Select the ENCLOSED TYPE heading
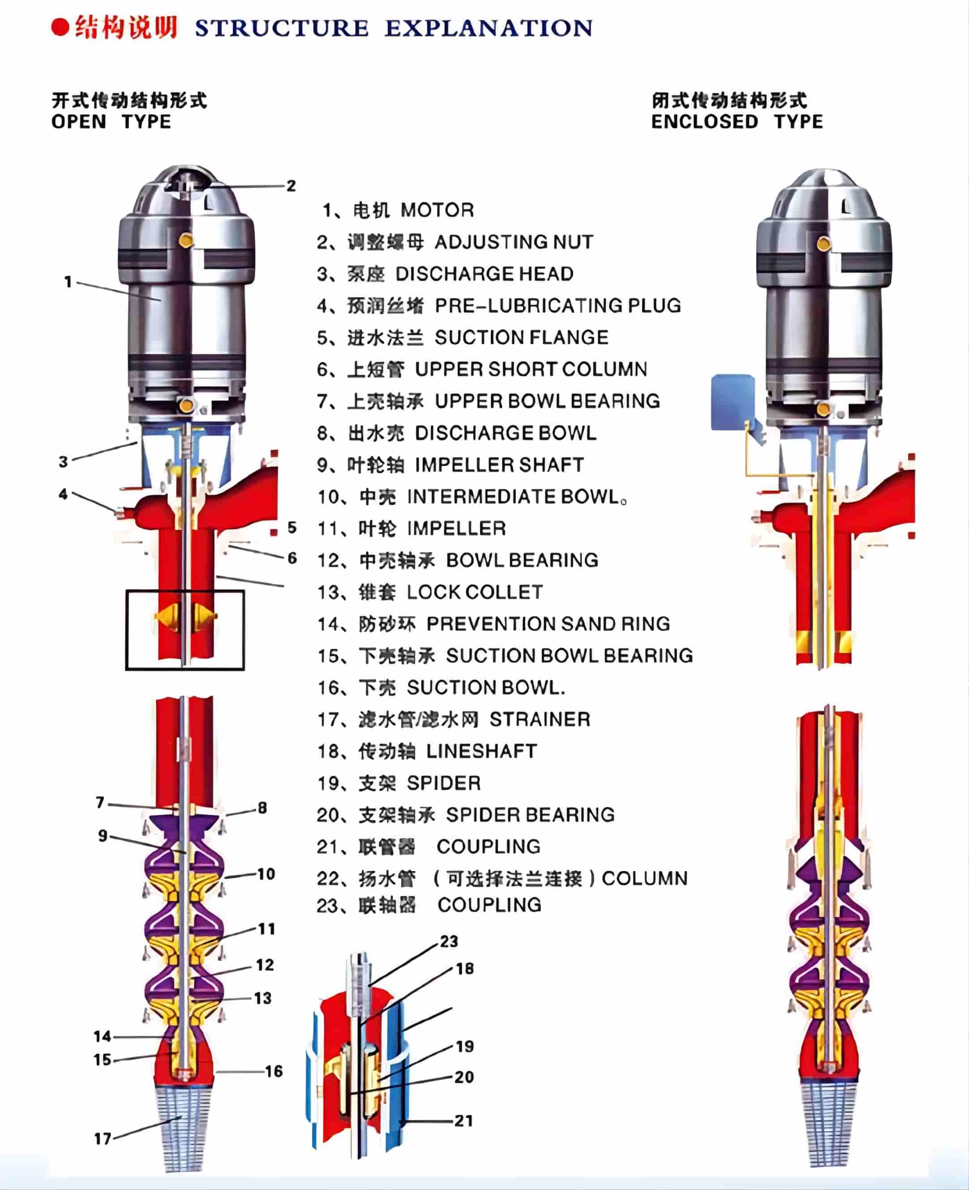[x=737, y=122]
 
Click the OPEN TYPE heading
[x=111, y=122]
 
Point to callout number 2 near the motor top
[x=291, y=186]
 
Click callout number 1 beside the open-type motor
[x=68, y=281]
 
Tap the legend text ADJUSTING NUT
[x=514, y=242]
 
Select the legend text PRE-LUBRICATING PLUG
[x=557, y=306]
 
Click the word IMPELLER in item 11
[x=457, y=528]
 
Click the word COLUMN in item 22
[x=645, y=879]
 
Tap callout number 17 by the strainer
[x=103, y=1138]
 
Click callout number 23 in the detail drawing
[x=449, y=941]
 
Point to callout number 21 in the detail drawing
[x=463, y=1121]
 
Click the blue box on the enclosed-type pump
[x=732, y=402]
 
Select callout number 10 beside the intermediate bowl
[x=266, y=874]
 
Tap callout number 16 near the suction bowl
[x=274, y=1071]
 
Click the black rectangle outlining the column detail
[x=127, y=630]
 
